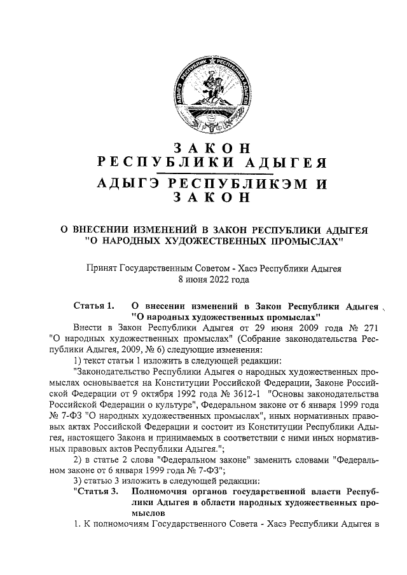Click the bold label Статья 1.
click(93, 305)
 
